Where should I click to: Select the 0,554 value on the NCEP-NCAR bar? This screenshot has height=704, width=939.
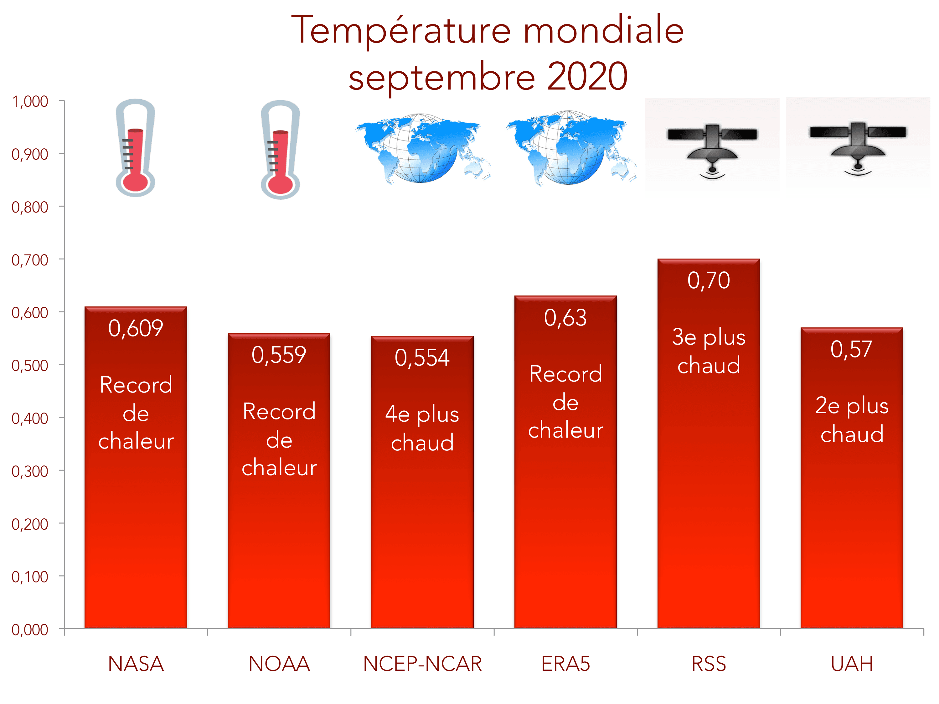pyautogui.click(x=422, y=358)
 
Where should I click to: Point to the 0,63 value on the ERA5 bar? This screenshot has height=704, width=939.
pyautogui.click(x=565, y=318)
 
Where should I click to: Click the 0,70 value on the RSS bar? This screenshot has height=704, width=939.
pyautogui.click(x=709, y=280)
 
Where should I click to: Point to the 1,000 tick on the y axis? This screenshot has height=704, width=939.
pyautogui.click(x=30, y=102)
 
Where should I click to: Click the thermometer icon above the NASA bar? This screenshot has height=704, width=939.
pyautogui.click(x=135, y=148)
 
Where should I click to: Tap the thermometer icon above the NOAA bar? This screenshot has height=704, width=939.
pyautogui.click(x=280, y=149)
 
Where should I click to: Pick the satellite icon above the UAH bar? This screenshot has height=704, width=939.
pyautogui.click(x=858, y=142)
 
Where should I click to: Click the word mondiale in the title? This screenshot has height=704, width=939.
pyautogui.click(x=603, y=31)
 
